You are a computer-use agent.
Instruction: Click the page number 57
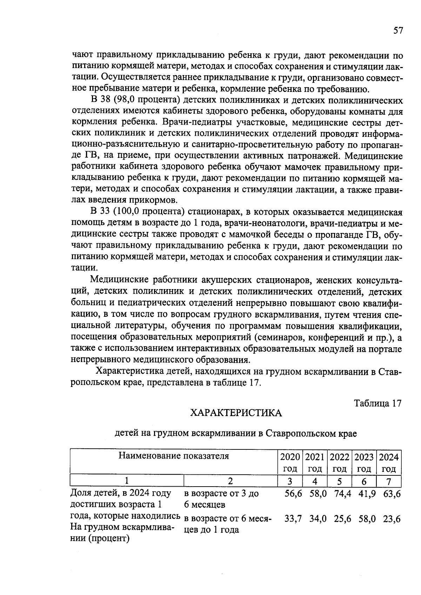pyautogui.click(x=398, y=31)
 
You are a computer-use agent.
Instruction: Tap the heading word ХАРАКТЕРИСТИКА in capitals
pyautogui.click(x=236, y=413)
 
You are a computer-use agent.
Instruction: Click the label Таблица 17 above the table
pyautogui.click(x=377, y=403)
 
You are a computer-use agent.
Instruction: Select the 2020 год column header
pyautogui.click(x=290, y=462)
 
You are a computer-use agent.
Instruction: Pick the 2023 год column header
pyautogui.click(x=364, y=462)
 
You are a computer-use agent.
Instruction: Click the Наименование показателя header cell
pyautogui.click(x=174, y=456)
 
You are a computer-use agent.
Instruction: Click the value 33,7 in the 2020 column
pyautogui.click(x=293, y=519)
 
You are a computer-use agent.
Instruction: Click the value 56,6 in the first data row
pyautogui.click(x=293, y=493)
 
